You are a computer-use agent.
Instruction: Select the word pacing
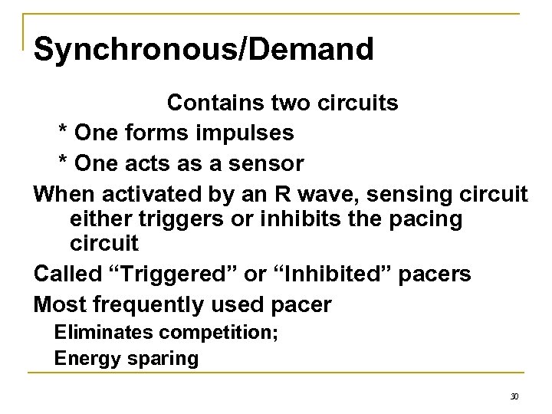429,219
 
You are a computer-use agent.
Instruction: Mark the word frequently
151,305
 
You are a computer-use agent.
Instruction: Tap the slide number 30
514,397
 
